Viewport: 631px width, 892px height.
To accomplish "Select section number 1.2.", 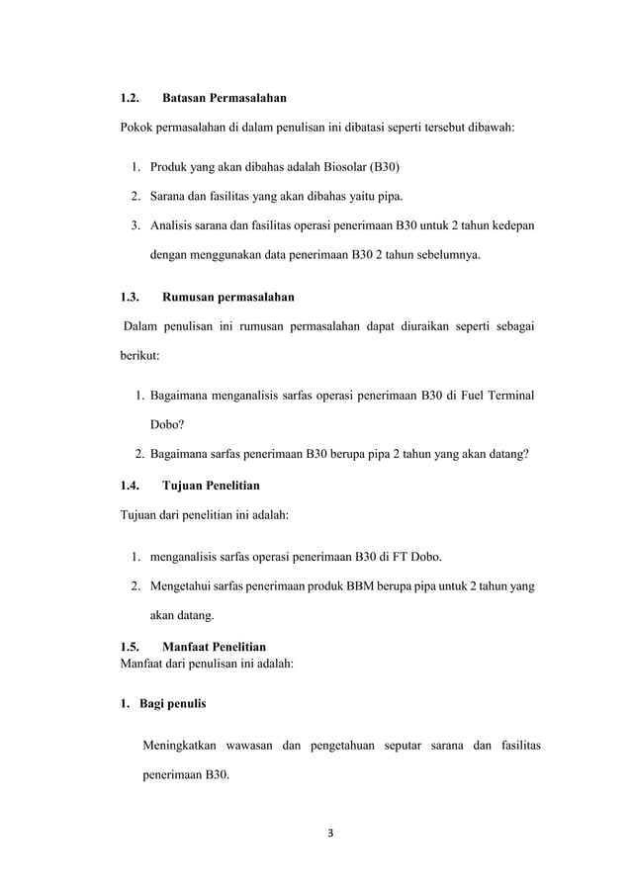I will pyautogui.click(x=130, y=99).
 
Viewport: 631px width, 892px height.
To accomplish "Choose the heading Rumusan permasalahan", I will pyautogui.click(x=227, y=297).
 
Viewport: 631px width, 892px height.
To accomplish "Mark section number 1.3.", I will pyautogui.click(x=130, y=297).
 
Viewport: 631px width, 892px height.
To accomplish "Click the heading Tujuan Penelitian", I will pyautogui.click(x=211, y=486).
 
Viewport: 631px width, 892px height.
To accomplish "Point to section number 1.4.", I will pyautogui.click(x=130, y=486).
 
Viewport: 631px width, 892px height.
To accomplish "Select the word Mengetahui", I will pyautogui.click(x=182, y=586).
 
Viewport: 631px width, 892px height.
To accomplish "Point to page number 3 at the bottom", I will pyautogui.click(x=331, y=831).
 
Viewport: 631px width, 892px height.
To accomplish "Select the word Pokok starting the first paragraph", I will pyautogui.click(x=137, y=128).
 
